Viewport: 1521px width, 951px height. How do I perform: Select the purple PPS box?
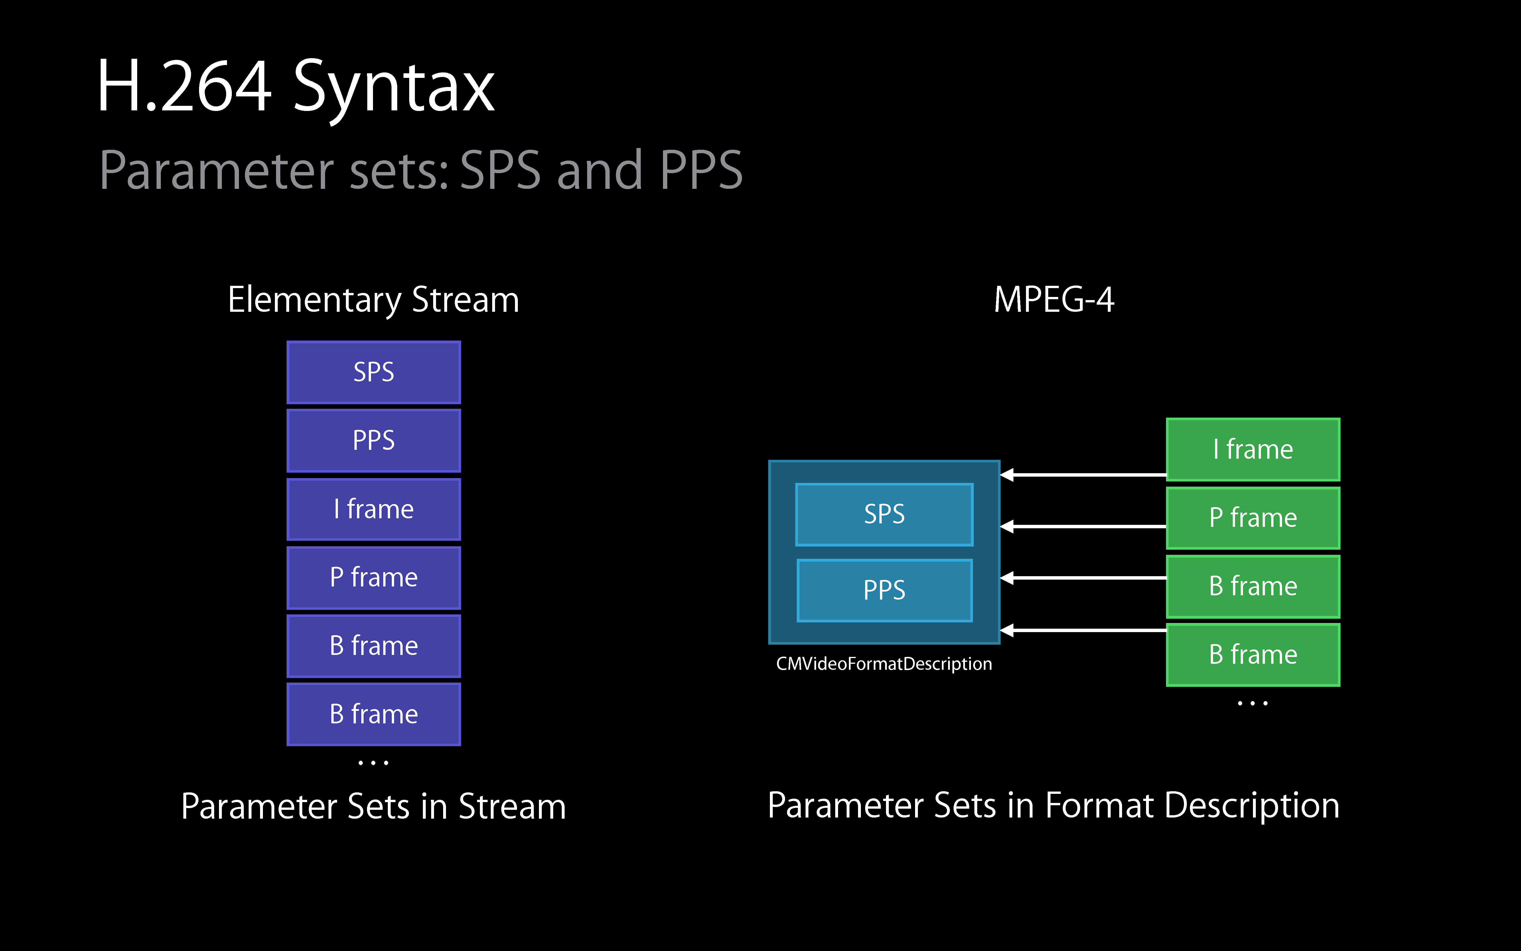[374, 440]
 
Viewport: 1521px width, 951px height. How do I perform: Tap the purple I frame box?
[374, 509]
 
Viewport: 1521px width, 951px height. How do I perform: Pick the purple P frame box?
[374, 577]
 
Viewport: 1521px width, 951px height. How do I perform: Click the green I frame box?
[1252, 449]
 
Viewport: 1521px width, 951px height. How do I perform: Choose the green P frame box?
[1252, 518]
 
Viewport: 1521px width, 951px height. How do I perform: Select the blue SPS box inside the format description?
[884, 514]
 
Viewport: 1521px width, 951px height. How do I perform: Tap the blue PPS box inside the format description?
[884, 590]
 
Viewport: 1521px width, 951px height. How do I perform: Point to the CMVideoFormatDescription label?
[884, 663]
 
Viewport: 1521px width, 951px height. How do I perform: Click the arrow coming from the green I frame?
[1083, 475]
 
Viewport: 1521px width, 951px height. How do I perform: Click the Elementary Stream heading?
[374, 300]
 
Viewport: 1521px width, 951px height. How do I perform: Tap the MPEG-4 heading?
[1054, 300]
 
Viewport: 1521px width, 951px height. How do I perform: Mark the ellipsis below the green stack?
[1252, 703]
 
